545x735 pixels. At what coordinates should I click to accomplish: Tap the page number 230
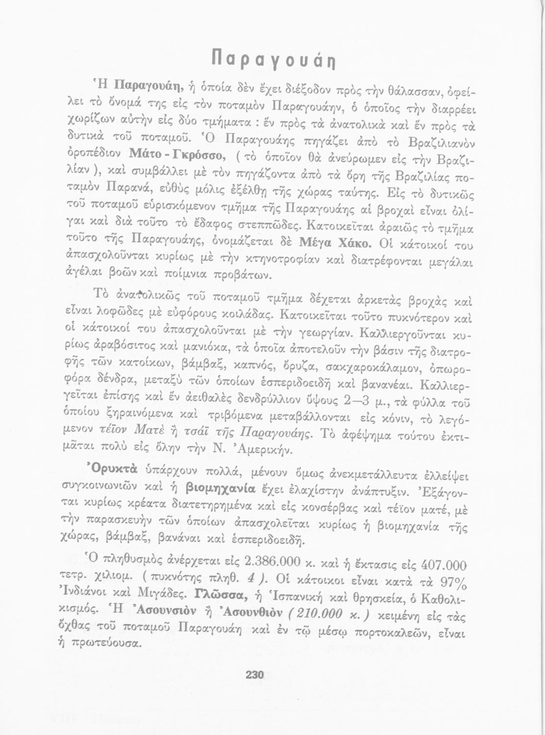click(x=255, y=675)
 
